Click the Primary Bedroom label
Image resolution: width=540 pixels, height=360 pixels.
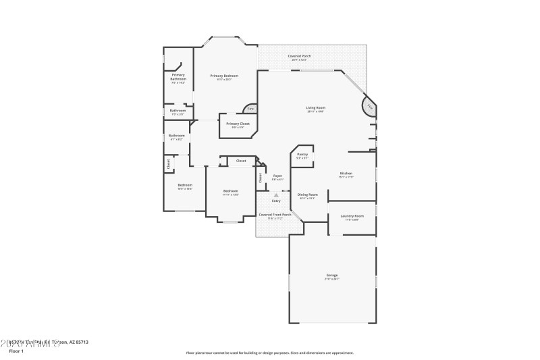click(x=225, y=76)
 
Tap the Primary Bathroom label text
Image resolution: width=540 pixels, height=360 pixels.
click(x=178, y=77)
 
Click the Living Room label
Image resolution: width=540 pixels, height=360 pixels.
click(x=316, y=107)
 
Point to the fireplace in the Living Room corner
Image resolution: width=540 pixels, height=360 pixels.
click(x=369, y=107)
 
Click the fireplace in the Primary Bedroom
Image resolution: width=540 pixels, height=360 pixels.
click(x=250, y=108)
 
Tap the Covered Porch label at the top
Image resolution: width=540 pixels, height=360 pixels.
click(x=299, y=56)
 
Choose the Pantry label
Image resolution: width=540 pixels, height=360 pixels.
click(x=302, y=154)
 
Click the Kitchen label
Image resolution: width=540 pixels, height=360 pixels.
click(x=346, y=174)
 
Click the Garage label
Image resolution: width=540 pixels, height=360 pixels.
click(x=332, y=275)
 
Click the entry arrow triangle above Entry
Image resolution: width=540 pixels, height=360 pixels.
click(x=276, y=195)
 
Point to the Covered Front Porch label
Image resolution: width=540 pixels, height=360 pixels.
click(x=275, y=215)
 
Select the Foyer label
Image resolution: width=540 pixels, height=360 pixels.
click(x=277, y=176)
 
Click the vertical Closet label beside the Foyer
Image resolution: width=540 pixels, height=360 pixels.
click(x=260, y=178)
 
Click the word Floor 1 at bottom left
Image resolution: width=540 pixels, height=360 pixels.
click(x=16, y=351)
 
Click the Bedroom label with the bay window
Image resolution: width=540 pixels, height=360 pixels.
click(x=231, y=191)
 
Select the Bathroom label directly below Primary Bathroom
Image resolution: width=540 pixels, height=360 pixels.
click(x=178, y=111)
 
